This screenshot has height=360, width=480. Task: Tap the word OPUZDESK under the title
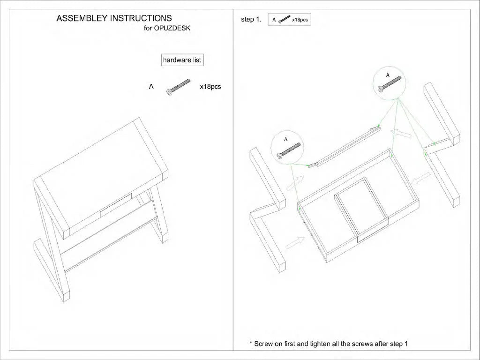(x=175, y=28)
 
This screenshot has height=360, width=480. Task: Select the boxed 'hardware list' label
(x=182, y=60)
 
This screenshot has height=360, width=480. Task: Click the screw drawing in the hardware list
(x=178, y=87)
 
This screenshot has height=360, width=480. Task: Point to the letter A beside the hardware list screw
(x=151, y=87)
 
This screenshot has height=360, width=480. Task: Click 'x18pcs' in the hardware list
(x=210, y=87)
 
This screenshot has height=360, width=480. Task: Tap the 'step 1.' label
(x=250, y=20)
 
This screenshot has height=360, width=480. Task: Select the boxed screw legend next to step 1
(x=289, y=20)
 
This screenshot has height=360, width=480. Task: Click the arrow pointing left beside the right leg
(x=420, y=178)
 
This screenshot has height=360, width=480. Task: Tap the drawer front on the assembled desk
(x=117, y=206)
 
